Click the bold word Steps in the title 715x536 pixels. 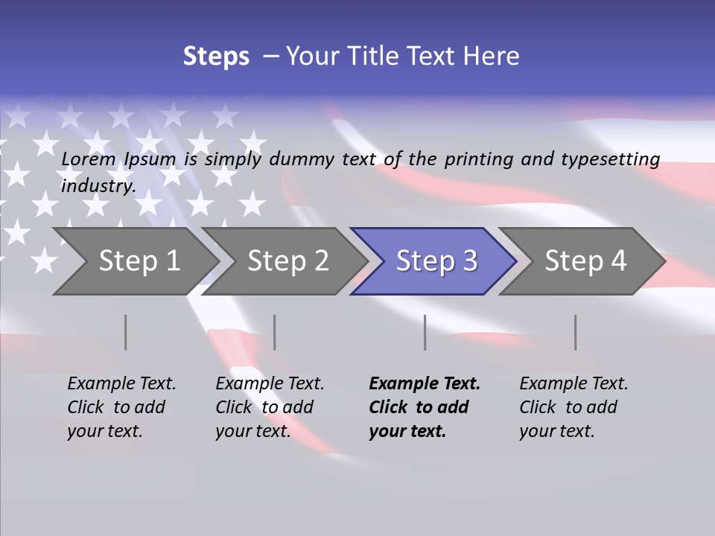216,57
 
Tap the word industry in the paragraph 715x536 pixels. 98,185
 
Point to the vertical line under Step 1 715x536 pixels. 126,332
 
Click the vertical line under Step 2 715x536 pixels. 275,332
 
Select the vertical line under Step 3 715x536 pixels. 425,332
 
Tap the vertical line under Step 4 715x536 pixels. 576,332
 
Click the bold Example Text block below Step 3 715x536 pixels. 424,407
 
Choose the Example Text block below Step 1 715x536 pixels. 121,407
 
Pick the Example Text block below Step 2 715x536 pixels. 270,407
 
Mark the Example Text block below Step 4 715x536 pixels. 573,407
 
